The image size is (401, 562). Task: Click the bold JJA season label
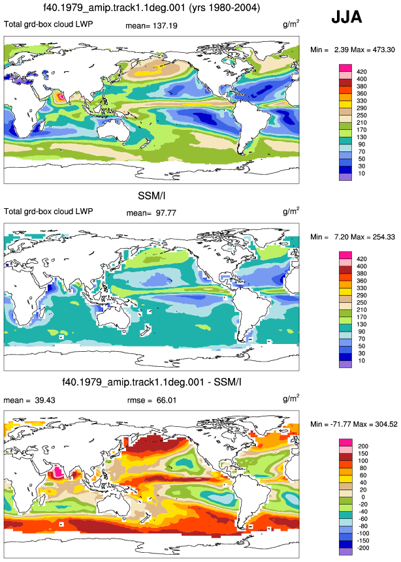pos(347,17)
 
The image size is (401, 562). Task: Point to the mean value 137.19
pos(165,26)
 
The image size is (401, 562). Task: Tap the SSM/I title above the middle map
pos(152,196)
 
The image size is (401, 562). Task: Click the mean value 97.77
pos(166,213)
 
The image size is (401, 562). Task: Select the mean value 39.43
pos(45,400)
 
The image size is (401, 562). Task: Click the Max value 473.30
pos(383,50)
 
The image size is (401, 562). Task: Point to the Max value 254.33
pos(383,237)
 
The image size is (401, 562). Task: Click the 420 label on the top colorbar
pos(362,72)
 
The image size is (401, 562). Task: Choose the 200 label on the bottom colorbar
pos(363,446)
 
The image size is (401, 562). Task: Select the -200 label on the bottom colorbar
pos(363,548)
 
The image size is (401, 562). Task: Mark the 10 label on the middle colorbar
pos(361,360)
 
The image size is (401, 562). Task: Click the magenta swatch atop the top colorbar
pos(345,68)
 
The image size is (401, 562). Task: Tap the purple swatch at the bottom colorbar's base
pos(345,552)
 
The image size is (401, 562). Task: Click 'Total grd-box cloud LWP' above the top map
pos(48,24)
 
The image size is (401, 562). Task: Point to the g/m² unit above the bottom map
pos(291,398)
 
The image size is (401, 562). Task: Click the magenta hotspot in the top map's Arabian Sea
pos(61,96)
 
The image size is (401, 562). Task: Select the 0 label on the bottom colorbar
pos(363,497)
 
